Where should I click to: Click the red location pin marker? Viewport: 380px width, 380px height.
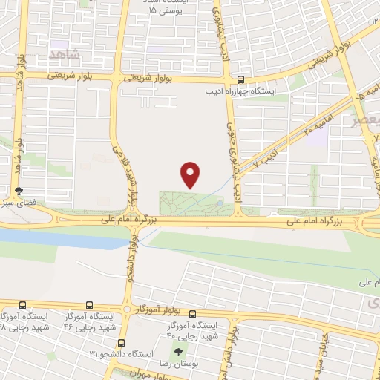(x=191, y=174)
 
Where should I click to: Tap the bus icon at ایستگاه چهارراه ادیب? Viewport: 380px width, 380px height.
(x=240, y=80)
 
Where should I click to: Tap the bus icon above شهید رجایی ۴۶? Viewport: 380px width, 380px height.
(x=89, y=304)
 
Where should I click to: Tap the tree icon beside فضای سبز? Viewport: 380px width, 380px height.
(x=19, y=191)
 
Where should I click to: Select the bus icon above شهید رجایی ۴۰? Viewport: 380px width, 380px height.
(x=192, y=314)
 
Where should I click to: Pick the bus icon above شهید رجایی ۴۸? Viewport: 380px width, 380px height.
(x=22, y=304)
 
